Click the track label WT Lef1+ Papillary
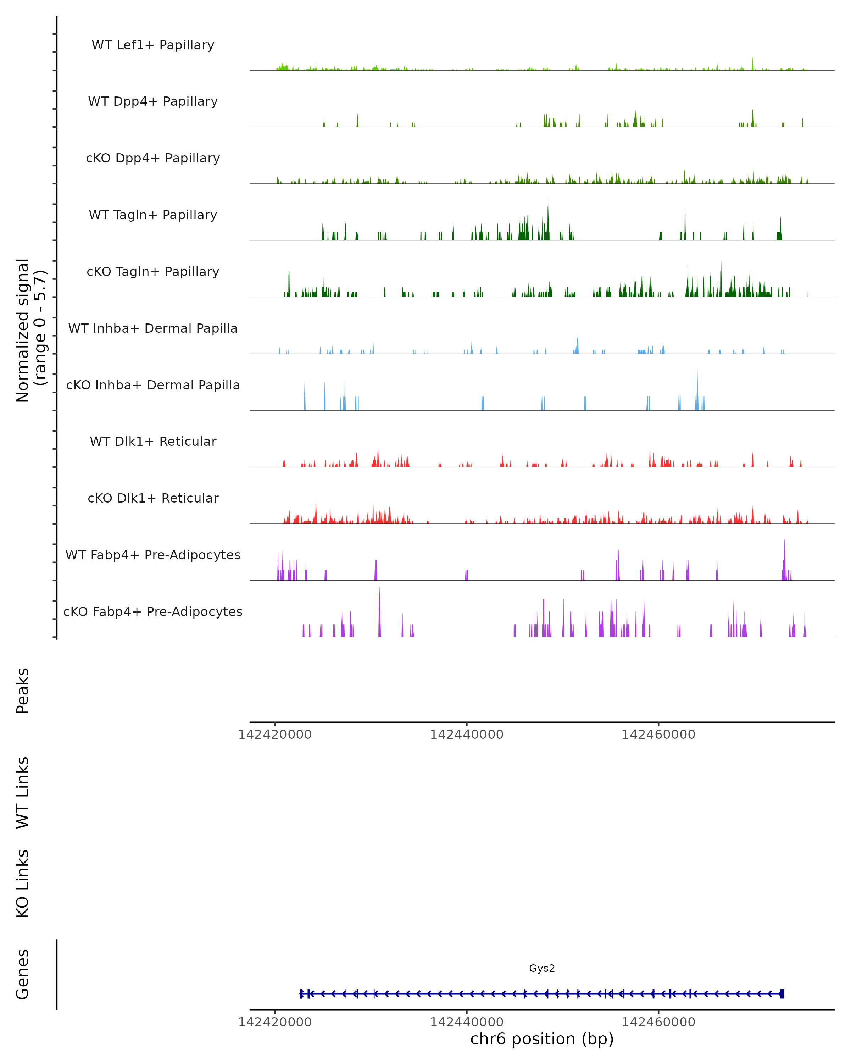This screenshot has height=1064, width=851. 153,45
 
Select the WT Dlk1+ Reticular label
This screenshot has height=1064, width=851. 153,441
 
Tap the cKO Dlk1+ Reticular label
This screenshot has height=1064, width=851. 153,498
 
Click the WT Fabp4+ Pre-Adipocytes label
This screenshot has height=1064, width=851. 153,555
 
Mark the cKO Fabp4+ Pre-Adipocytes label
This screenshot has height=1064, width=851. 153,611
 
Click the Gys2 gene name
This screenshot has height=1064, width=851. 542,968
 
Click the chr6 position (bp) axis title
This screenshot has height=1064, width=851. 542,1039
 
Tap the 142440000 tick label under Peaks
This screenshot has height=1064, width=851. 466,735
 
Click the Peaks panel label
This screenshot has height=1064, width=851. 23,691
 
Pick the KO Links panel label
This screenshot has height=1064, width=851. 23,883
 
